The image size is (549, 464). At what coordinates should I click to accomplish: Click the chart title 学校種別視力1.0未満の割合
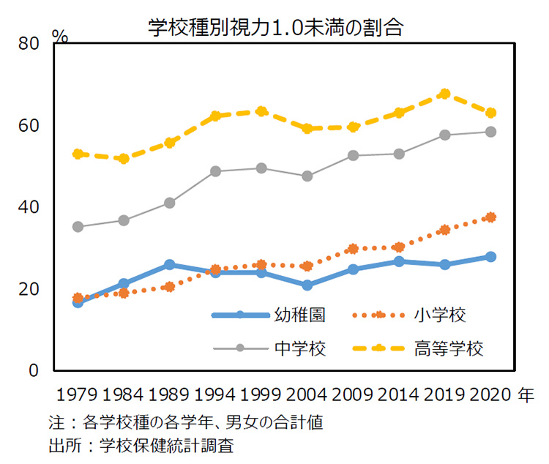275,27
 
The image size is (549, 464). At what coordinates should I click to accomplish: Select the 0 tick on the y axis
33,370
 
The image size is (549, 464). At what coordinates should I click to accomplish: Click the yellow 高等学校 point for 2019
444,94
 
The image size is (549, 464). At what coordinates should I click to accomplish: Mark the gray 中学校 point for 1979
78,227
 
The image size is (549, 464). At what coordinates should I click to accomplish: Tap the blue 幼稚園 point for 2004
307,285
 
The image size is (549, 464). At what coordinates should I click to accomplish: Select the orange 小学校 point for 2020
490,217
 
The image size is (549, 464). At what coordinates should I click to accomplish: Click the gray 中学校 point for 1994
215,171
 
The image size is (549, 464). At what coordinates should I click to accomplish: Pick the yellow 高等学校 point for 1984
124,159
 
